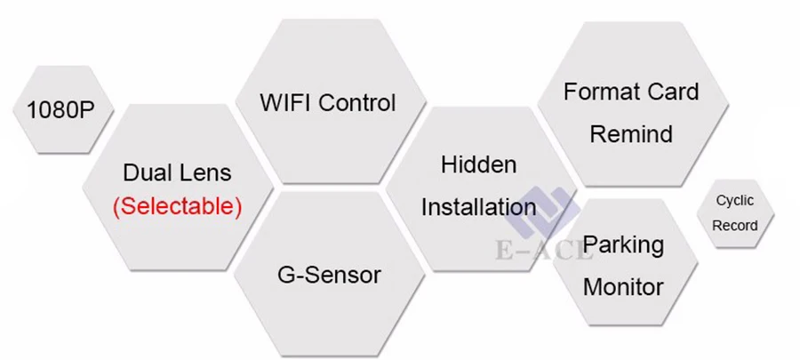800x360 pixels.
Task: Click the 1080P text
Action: pyautogui.click(x=59, y=110)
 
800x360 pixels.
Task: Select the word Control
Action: pyautogui.click(x=356, y=102)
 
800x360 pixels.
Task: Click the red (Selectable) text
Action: pyautogui.click(x=177, y=206)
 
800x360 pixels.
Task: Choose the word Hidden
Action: pyautogui.click(x=478, y=164)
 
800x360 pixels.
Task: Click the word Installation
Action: pyautogui.click(x=478, y=207)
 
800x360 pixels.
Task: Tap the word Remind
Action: pyautogui.click(x=631, y=134)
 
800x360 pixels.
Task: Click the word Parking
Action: pyautogui.click(x=623, y=244)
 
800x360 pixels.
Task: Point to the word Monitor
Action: pyautogui.click(x=623, y=286)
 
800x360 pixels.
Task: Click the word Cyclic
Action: pyautogui.click(x=734, y=202)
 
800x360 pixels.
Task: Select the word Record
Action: pyautogui.click(x=734, y=225)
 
